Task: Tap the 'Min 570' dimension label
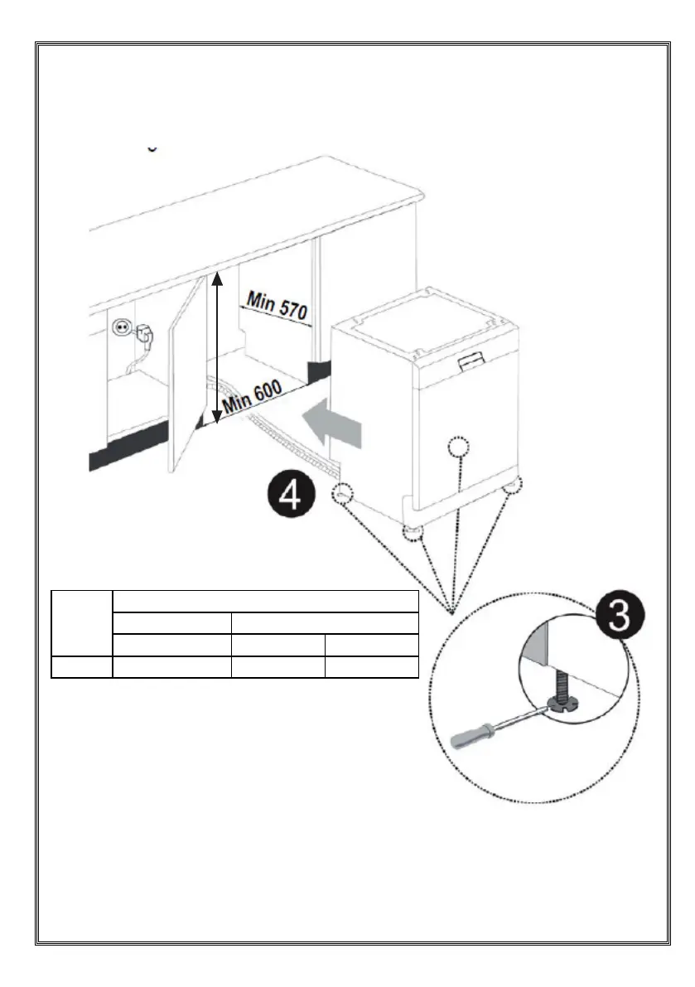click(x=277, y=305)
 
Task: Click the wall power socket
click(x=122, y=327)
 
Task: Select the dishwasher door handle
click(x=471, y=360)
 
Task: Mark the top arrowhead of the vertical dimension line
click(x=216, y=278)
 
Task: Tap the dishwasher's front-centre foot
click(x=413, y=532)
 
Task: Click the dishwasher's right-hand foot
click(x=513, y=486)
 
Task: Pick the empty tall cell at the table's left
click(x=82, y=623)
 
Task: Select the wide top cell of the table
click(x=265, y=602)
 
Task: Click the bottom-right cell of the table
click(x=372, y=666)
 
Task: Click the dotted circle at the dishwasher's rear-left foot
click(x=342, y=494)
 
